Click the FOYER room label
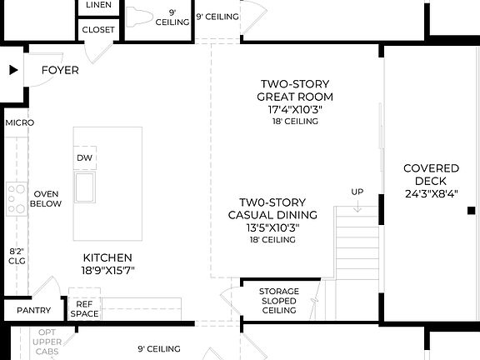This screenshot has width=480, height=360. [x=60, y=70]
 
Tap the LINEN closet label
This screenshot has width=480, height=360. [x=99, y=6]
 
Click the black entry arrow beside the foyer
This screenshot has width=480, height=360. [x=12, y=71]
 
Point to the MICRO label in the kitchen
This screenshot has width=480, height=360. [x=19, y=122]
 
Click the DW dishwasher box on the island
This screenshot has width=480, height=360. [x=84, y=158]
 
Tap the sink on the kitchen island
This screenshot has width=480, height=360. [x=85, y=187]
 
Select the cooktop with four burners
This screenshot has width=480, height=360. [x=17, y=199]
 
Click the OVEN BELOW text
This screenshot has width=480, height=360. [x=45, y=197]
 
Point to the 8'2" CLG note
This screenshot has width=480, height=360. [x=17, y=255]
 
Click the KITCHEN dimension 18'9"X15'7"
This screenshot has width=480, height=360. [x=107, y=270]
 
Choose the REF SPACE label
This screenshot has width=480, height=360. [x=84, y=309]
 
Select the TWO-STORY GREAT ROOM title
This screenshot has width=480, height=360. [x=294, y=90]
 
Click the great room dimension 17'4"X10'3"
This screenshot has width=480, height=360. [x=294, y=109]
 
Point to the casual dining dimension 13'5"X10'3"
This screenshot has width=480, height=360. [x=272, y=227]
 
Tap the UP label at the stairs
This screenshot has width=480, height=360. [x=357, y=192]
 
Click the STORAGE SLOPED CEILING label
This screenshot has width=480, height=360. [x=279, y=301]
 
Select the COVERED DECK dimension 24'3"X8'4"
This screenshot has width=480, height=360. [x=425, y=194]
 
